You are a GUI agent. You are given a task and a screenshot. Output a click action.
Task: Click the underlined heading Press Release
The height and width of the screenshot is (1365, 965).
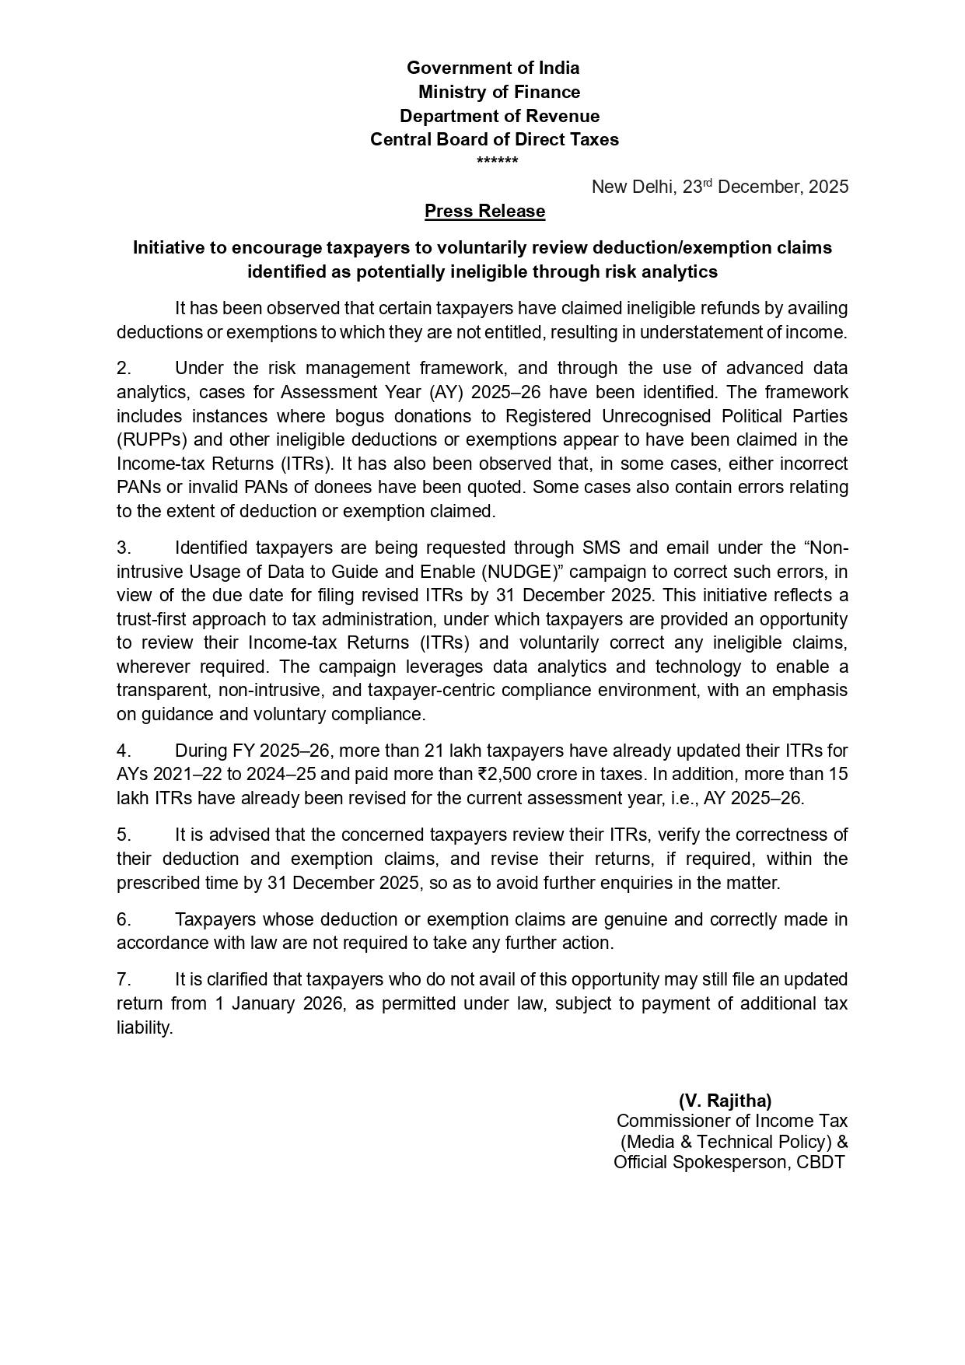(x=484, y=211)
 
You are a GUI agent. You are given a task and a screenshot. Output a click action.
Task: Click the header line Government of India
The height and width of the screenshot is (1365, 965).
(x=493, y=68)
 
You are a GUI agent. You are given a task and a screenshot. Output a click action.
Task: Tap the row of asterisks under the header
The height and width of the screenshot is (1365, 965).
(x=497, y=162)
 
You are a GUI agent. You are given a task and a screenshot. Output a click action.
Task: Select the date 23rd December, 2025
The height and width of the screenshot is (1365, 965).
(x=765, y=187)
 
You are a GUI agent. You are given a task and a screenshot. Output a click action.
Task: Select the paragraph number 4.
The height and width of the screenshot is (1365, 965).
(x=124, y=751)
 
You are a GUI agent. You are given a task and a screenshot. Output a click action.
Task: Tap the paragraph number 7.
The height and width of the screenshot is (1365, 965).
(x=124, y=979)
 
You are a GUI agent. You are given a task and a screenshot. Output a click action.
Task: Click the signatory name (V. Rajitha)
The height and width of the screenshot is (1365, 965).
(x=725, y=1101)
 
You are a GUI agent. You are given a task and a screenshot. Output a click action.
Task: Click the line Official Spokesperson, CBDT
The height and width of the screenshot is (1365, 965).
(x=729, y=1162)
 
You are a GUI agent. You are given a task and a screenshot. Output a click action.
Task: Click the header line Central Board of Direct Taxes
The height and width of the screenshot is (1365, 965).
(x=495, y=139)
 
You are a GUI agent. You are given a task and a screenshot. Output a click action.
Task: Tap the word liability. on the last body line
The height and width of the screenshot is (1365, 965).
(x=145, y=1027)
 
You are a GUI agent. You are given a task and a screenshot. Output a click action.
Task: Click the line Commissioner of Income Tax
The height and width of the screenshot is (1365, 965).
(x=732, y=1121)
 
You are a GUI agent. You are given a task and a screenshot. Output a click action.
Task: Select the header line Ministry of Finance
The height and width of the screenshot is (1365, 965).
(x=499, y=92)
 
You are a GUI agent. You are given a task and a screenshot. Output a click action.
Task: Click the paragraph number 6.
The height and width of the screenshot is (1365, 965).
(x=124, y=919)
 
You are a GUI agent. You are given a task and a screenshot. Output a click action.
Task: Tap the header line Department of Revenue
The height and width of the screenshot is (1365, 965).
(x=499, y=116)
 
